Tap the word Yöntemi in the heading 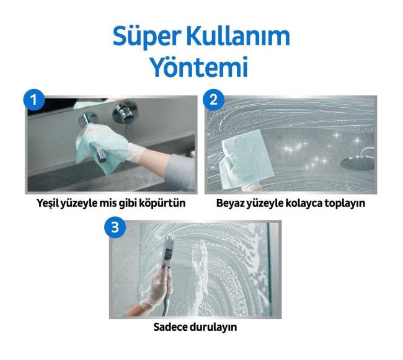coord(198,66)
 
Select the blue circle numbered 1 coord(33,100)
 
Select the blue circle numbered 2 coord(213,100)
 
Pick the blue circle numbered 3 coord(115,227)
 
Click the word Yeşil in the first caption coord(48,203)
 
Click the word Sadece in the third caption coord(170,327)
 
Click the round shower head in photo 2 coord(357,164)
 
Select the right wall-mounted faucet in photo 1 coord(125,113)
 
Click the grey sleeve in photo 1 coord(182,171)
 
